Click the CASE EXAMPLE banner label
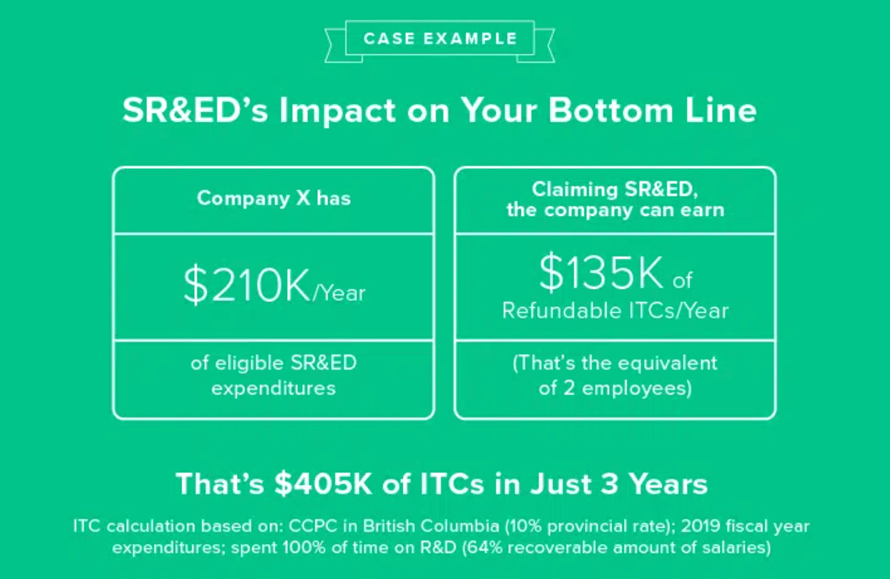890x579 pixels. click(x=440, y=39)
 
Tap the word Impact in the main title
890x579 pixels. click(x=338, y=111)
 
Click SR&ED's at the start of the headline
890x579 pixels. click(x=195, y=111)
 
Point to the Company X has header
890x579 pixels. click(x=274, y=198)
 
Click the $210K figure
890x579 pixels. click(x=247, y=285)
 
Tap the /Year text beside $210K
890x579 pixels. click(x=339, y=293)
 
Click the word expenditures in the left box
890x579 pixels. click(x=273, y=388)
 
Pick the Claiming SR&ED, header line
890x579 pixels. click(x=614, y=189)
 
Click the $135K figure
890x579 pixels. click(x=601, y=273)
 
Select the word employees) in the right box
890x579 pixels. click(x=637, y=388)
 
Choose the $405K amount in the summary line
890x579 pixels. click(x=323, y=484)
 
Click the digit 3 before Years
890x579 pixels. click(x=609, y=484)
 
